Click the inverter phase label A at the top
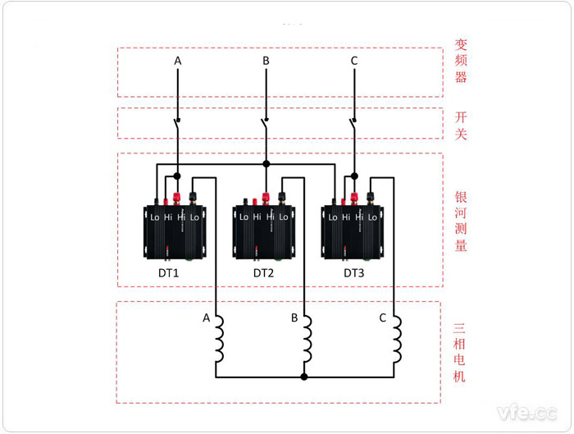[x=178, y=61]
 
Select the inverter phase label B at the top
[x=266, y=61]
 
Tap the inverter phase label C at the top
[x=354, y=61]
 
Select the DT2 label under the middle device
[x=264, y=272]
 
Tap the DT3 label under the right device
[x=353, y=272]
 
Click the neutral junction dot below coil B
[x=304, y=377]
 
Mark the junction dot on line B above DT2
[x=266, y=164]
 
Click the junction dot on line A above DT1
[x=177, y=175]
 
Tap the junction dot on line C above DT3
[x=354, y=175]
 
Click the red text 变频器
[x=461, y=61]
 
